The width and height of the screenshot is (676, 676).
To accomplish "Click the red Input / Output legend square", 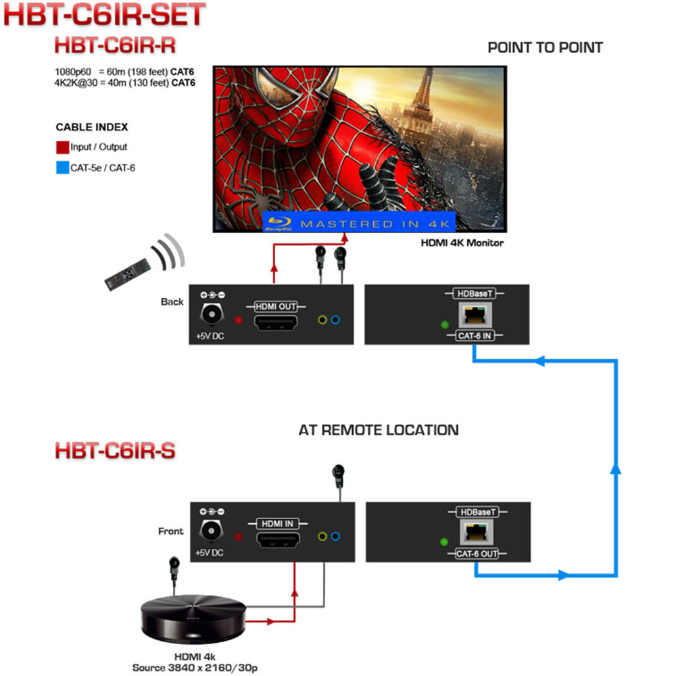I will pos(62,147).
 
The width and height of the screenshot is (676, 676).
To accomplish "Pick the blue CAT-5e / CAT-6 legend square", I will pos(62,167).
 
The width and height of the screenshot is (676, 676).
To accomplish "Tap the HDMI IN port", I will pos(277,539).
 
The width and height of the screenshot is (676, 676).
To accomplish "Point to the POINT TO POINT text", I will pos(545,47).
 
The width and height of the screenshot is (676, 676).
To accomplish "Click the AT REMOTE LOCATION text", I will pos(379,430).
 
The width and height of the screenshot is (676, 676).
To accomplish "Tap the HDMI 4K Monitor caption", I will pos(462,243).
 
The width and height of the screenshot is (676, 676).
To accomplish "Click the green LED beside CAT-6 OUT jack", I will pos(444,542).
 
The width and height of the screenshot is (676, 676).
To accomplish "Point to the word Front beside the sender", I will pos(170,531).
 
